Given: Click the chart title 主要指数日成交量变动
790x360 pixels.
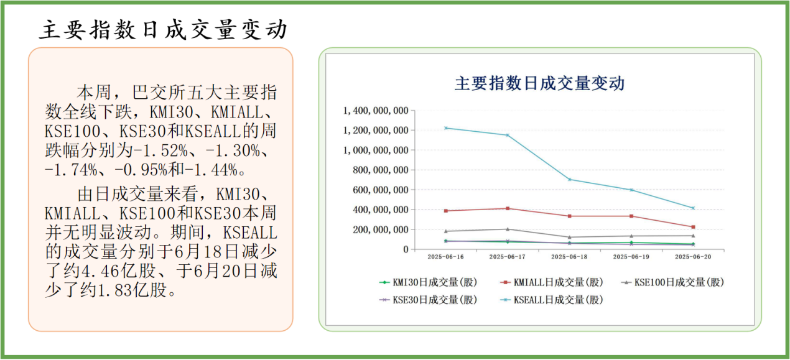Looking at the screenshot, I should click(x=539, y=83).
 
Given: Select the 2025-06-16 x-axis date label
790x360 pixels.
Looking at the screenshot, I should click(x=446, y=256).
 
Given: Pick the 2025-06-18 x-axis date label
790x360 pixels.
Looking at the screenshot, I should click(x=570, y=256).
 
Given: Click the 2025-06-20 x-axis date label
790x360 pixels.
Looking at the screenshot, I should click(x=693, y=256).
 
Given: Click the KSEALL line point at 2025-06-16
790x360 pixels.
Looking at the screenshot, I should click(x=446, y=128).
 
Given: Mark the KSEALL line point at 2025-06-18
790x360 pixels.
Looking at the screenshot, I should click(x=570, y=180).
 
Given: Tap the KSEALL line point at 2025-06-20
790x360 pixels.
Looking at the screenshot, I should click(x=693, y=208).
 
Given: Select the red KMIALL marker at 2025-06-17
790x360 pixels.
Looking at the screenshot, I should click(x=508, y=208).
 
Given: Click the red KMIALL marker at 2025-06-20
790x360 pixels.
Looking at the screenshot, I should click(x=693, y=227).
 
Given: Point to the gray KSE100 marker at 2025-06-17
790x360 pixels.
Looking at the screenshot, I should click(x=508, y=229).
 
